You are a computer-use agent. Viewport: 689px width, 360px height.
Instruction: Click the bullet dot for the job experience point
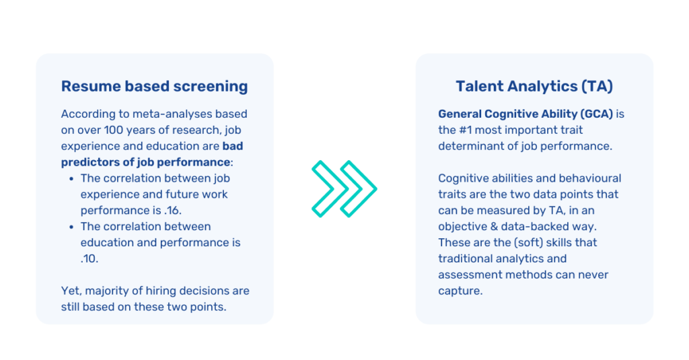72,178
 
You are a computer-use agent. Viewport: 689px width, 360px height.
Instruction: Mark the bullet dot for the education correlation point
72,227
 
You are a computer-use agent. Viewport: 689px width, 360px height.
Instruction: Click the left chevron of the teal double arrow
326,189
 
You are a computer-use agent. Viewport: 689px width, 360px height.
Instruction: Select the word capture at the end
460,291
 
